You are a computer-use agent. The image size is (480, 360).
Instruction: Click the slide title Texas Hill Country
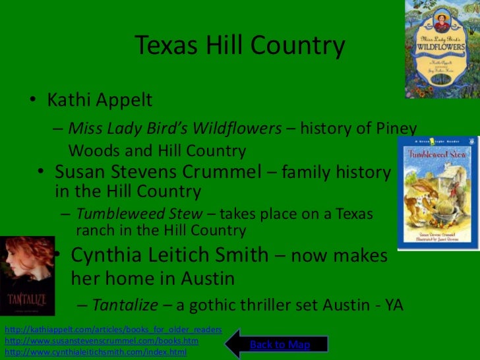click(240, 45)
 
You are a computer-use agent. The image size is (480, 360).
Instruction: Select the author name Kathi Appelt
click(100, 100)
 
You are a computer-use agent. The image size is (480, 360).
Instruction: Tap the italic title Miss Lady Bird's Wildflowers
click(175, 128)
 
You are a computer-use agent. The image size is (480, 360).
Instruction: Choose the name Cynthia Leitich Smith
click(169, 255)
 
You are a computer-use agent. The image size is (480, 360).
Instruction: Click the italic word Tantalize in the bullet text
click(125, 305)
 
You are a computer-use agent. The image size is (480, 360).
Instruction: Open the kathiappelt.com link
click(113, 329)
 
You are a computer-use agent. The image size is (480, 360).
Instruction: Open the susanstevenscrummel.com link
click(102, 341)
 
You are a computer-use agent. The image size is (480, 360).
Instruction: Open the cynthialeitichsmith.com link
click(96, 353)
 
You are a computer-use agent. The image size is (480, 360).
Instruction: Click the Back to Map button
click(280, 345)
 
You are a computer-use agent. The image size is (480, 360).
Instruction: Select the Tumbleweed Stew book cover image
click(435, 193)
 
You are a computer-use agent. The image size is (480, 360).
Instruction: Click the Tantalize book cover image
click(27, 276)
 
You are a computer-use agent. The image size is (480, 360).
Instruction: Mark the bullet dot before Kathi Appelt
click(32, 101)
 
